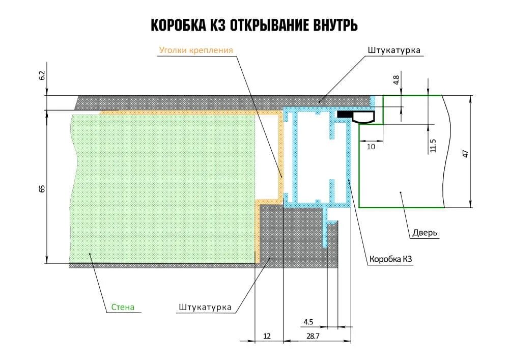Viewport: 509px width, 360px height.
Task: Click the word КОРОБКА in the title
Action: point(181,25)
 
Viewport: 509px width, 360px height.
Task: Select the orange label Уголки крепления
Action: point(196,50)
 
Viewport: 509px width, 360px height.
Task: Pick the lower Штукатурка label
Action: point(205,308)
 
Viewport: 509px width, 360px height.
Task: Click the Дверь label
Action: point(423,233)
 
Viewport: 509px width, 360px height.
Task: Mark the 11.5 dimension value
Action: point(433,145)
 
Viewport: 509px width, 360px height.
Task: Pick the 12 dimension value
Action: point(268,336)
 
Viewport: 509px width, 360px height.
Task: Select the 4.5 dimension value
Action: point(308,322)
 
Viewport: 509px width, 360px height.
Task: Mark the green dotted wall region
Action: point(163,188)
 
